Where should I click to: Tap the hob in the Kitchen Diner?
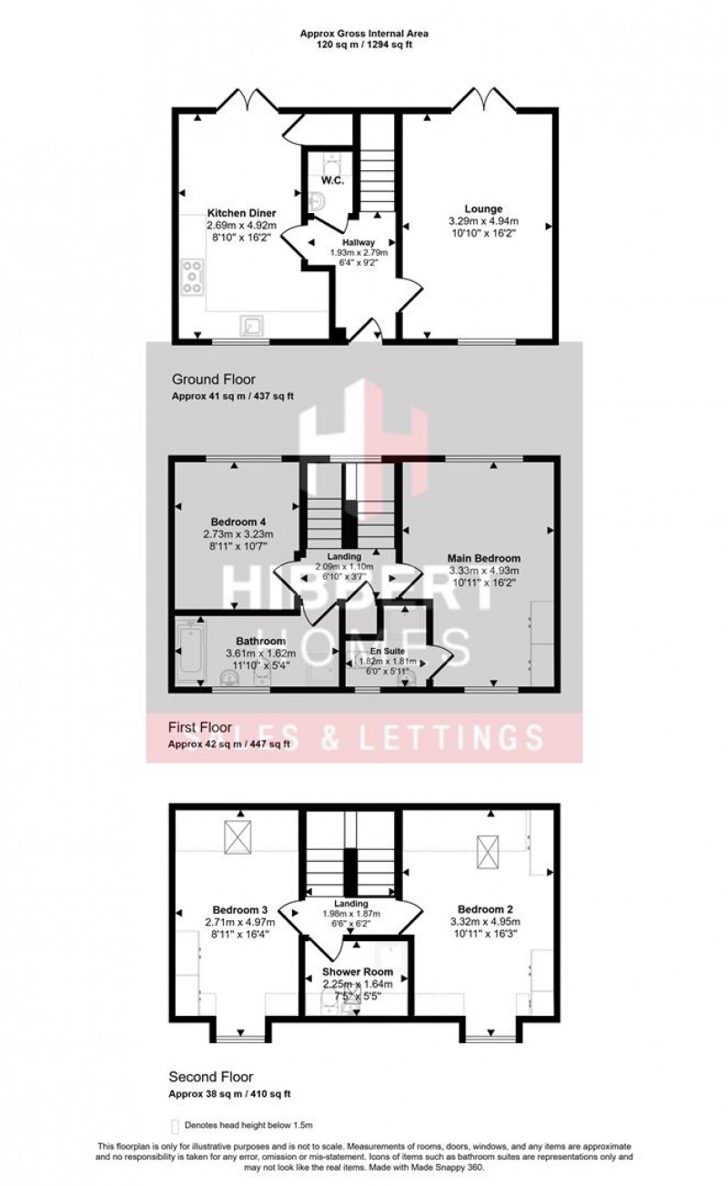point(193,276)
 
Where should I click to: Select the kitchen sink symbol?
point(251,326)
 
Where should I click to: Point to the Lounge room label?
point(482,208)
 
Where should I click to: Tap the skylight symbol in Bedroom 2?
point(490,851)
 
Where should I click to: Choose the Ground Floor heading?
point(214,379)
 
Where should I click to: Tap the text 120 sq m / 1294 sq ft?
point(365,44)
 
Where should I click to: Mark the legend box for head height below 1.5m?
point(176,1126)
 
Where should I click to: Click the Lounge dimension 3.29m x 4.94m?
point(483,221)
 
